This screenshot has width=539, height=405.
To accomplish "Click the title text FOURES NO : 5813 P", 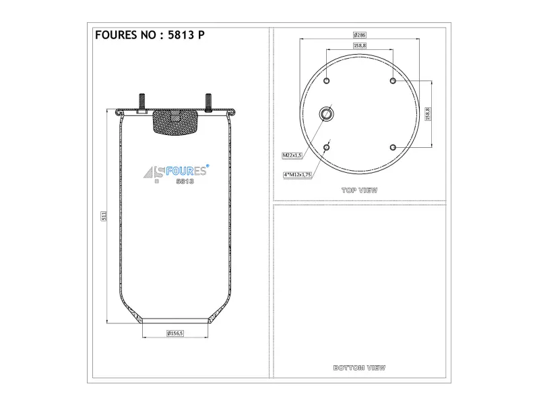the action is [150, 35].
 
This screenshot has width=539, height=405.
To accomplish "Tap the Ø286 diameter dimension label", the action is [360, 35].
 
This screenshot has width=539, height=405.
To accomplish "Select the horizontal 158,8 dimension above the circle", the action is [360, 45].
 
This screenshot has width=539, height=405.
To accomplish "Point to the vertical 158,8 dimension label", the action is [428, 114].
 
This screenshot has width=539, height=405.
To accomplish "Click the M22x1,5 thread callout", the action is [292, 155].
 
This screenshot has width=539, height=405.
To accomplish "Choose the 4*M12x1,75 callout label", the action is [297, 175].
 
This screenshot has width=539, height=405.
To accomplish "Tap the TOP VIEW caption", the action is [359, 190].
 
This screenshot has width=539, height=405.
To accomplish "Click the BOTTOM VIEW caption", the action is [359, 368].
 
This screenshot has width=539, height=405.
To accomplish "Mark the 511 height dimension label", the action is [104, 216].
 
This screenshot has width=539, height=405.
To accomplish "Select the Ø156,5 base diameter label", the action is [175, 333].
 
